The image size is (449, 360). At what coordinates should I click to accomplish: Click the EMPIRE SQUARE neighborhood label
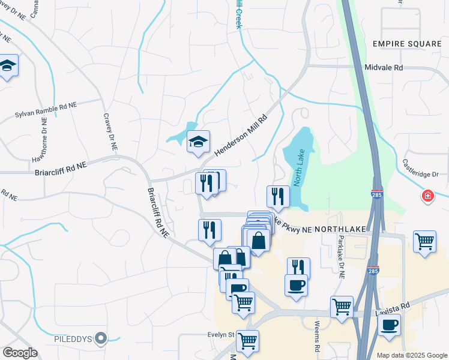pos(406,44)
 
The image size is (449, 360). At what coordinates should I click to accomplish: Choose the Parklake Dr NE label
pos(340,257)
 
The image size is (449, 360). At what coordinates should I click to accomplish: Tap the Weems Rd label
pos(316,340)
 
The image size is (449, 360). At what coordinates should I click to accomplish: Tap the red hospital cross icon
pos(427,196)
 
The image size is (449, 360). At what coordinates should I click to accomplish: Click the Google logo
pos(20,352)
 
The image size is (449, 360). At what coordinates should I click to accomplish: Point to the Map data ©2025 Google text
pos(411,355)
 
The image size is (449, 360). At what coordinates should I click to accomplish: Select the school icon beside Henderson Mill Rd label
pos(198,142)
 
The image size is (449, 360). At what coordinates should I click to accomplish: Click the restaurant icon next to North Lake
pos(278,196)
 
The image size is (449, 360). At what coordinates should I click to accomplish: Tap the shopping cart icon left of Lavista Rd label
pos(342,306)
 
